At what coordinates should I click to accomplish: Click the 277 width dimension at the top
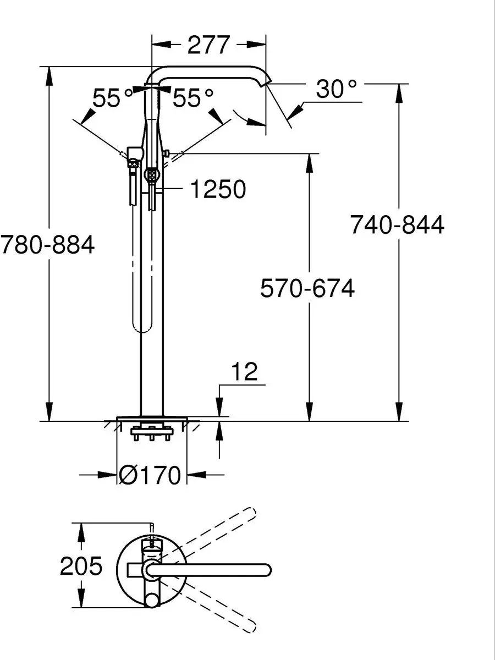coord(209,45)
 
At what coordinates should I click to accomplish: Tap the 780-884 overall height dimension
coord(47,244)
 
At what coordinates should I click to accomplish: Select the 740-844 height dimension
coord(397,224)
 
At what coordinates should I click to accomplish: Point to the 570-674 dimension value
coord(307,288)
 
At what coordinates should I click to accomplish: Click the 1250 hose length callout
coord(218,189)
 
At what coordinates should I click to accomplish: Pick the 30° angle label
coord(337,89)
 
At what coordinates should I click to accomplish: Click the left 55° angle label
coord(113,98)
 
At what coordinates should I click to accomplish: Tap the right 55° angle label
coord(193,98)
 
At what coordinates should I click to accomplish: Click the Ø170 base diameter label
coord(150,475)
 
